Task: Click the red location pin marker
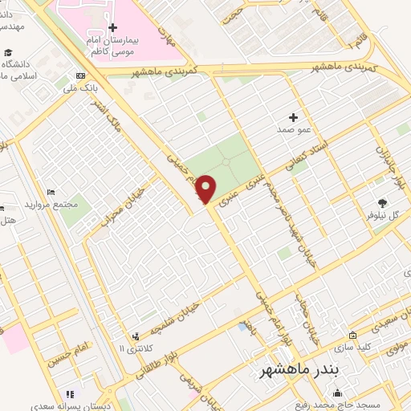click(x=206, y=189)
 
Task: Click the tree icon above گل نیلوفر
click(x=382, y=203)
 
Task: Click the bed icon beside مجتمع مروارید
click(x=51, y=192)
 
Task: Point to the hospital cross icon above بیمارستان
click(x=112, y=28)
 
